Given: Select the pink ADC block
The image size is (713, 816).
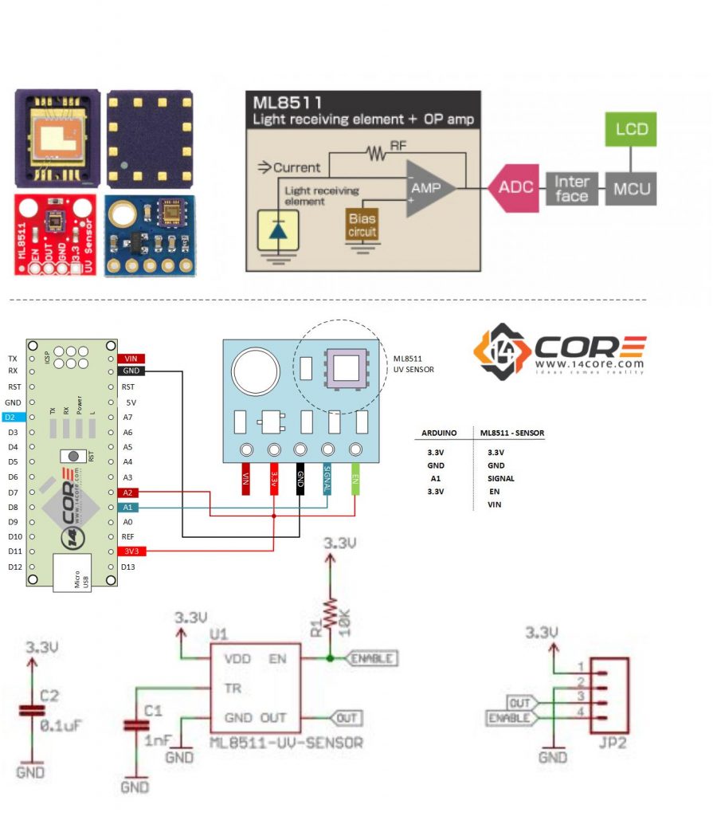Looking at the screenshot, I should coord(515,188).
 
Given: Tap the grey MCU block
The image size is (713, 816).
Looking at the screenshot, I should coord(632,189).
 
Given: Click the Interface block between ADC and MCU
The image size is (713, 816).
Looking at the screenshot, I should coord(571,189).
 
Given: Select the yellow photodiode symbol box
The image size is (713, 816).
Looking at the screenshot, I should coord(278,229).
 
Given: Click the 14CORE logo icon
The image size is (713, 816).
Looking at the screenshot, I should coord(500,351).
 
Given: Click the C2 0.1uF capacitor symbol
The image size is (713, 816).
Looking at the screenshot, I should coord(32,709).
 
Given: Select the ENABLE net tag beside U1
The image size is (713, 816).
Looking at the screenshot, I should coord(372,659).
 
